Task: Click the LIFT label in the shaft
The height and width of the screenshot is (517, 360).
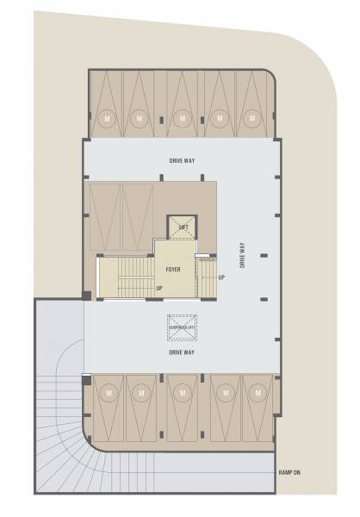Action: (x=183, y=227)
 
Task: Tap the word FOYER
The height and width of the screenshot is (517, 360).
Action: (x=173, y=270)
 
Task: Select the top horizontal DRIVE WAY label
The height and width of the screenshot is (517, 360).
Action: (x=180, y=161)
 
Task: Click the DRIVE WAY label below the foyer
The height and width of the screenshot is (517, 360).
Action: (x=181, y=352)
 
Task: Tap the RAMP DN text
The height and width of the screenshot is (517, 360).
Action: (x=290, y=473)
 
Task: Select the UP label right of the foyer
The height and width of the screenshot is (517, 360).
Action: (x=221, y=277)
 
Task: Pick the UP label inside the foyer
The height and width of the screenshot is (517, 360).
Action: (x=159, y=288)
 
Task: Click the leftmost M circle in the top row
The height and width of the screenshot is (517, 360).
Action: (x=107, y=116)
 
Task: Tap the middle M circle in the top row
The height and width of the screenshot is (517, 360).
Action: (x=180, y=116)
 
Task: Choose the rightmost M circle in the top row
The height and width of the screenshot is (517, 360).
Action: (x=251, y=116)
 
